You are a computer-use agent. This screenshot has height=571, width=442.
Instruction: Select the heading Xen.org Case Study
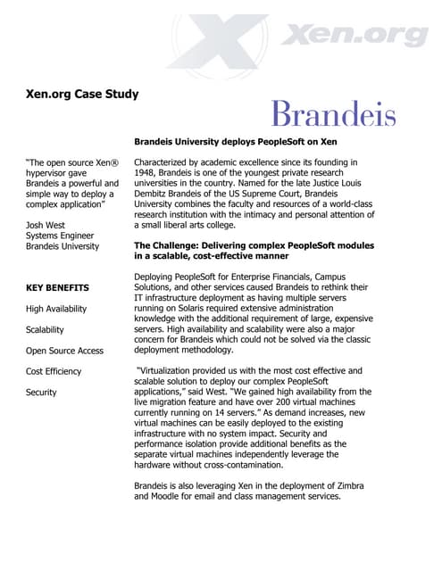(82, 94)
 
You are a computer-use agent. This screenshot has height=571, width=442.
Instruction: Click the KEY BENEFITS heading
(57, 288)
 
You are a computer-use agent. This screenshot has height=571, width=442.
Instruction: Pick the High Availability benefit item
(56, 309)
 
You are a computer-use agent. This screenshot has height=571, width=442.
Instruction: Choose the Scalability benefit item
(45, 329)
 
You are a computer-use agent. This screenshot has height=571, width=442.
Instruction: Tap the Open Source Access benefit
(64, 351)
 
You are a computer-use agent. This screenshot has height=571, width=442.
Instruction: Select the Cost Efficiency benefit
(54, 371)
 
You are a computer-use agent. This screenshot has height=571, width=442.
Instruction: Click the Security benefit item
(41, 393)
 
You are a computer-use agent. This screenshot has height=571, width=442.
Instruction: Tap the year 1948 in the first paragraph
(146, 175)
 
